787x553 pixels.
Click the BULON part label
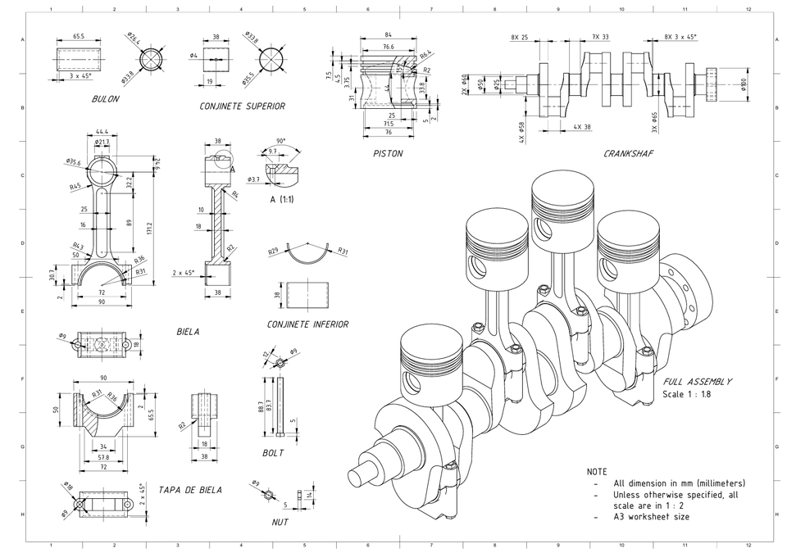[106, 99]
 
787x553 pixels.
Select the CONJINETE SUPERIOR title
[243, 107]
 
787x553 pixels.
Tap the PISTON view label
[388, 153]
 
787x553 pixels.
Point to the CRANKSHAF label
[629, 153]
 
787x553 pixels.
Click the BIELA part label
[188, 332]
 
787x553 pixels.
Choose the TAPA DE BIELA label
[190, 490]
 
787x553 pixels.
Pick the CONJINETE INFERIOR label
[307, 324]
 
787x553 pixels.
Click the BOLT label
[273, 453]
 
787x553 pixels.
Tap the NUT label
[280, 522]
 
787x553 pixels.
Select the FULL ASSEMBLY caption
[698, 382]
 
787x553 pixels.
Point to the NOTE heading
[597, 472]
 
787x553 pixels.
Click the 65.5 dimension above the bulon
[78, 37]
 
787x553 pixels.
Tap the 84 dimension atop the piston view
[388, 35]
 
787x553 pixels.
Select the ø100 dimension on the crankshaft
[744, 84]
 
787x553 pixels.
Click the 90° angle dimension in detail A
[280, 141]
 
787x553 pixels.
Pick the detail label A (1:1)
[284, 199]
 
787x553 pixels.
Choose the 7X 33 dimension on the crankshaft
[600, 37]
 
